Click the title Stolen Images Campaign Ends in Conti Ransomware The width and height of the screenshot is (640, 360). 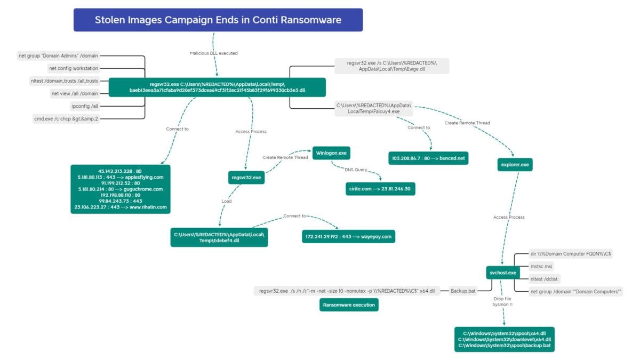[218, 20]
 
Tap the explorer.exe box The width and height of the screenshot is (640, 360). [516, 165]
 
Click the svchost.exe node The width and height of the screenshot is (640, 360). [502, 273]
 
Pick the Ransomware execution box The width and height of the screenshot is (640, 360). [349, 305]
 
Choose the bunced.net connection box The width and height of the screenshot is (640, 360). [429, 158]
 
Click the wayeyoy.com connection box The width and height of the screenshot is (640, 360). [348, 236]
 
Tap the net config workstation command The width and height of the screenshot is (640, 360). [74, 68]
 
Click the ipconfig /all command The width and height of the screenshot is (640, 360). [85, 106]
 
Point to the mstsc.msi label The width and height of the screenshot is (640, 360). [542, 266]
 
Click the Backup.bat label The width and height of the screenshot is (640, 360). [463, 291]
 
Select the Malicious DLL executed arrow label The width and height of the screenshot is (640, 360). [213, 53]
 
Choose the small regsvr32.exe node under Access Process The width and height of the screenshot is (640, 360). [246, 178]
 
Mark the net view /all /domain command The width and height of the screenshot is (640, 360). [75, 93]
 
